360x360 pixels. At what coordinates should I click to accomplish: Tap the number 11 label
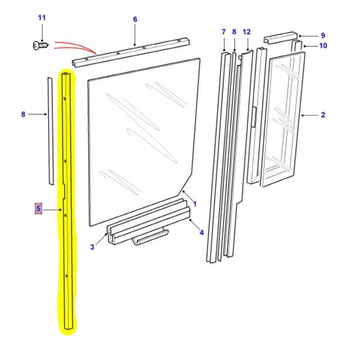coord(42,18)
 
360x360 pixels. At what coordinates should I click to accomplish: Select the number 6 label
coord(135,19)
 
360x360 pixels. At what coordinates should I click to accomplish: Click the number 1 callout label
coord(195,204)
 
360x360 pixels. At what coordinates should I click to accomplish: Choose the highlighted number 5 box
coord(39,209)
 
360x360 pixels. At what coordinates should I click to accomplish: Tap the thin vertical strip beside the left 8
coord(50,130)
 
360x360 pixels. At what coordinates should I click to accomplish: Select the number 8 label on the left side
coord(23,114)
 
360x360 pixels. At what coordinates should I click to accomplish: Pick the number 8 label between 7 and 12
coord(234,31)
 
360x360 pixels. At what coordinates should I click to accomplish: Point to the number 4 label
coord(202,233)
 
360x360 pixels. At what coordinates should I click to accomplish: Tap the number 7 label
coord(223,31)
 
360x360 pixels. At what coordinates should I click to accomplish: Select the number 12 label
coord(246,31)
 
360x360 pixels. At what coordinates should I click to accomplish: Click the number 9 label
coord(323,36)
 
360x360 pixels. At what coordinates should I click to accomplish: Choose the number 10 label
coord(323,45)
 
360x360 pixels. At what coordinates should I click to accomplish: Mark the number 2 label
coord(323,115)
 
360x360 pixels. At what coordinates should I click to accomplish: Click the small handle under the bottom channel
coord(151,237)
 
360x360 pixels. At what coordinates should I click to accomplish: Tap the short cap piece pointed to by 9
coord(280,38)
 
